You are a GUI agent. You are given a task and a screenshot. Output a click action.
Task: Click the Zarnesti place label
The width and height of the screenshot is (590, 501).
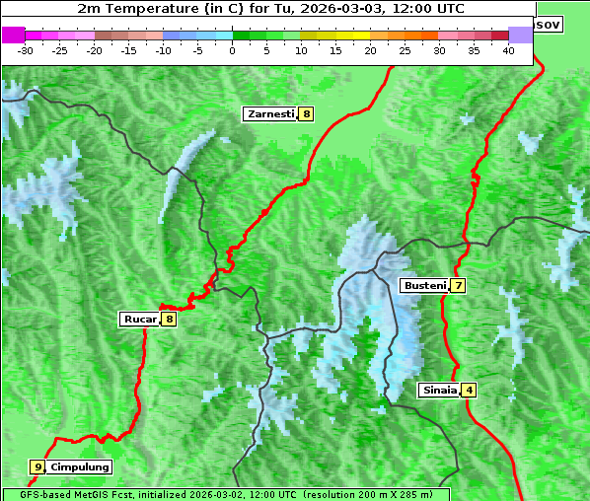tap(269, 114)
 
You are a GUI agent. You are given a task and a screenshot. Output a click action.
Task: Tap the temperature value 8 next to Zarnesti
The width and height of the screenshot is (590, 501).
tap(306, 114)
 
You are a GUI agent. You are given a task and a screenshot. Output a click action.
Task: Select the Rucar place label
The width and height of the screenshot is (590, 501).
tap(140, 319)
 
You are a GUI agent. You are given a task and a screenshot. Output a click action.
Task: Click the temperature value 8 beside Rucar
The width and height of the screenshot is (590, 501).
tap(169, 319)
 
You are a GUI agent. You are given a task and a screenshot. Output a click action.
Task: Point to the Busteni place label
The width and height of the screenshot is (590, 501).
tap(423, 286)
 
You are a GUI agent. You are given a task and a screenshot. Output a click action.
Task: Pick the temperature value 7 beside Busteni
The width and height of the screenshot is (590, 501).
tap(458, 286)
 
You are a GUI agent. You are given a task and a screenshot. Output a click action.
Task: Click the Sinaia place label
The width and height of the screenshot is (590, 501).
tap(439, 390)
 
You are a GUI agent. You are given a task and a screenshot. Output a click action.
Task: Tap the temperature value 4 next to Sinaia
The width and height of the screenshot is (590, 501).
tap(470, 390)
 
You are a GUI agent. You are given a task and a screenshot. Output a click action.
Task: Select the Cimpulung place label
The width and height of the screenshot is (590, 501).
tap(79, 466)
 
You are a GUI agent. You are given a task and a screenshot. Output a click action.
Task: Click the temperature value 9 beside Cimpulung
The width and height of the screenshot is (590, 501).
tap(37, 466)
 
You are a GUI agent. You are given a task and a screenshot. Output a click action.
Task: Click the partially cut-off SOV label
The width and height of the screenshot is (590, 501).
tap(548, 24)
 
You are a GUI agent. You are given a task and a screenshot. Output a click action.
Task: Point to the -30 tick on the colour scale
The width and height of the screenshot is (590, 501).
tap(26, 50)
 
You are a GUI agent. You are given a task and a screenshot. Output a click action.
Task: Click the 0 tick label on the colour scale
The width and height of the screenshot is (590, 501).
tap(233, 50)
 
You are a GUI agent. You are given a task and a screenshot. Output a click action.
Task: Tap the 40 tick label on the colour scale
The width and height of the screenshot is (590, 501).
tap(508, 50)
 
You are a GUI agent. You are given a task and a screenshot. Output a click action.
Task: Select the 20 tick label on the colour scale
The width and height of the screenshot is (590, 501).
tap(370, 50)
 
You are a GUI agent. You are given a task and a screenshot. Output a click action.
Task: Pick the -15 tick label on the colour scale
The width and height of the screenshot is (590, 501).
tap(128, 50)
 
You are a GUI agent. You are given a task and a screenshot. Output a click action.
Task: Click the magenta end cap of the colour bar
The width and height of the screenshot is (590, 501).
tap(13, 35)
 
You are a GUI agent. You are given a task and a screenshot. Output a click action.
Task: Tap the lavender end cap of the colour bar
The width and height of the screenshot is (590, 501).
tap(520, 35)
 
